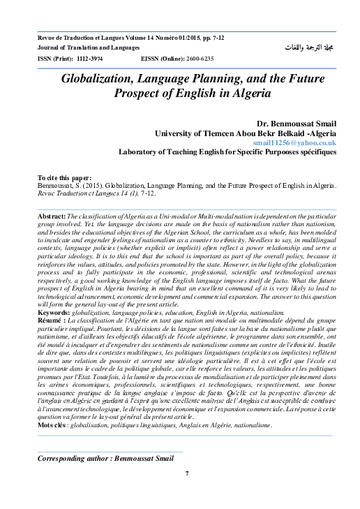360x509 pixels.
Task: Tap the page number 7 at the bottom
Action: point(187,473)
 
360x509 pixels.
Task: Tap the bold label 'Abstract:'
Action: point(52,218)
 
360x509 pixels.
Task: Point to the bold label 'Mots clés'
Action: point(54,425)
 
